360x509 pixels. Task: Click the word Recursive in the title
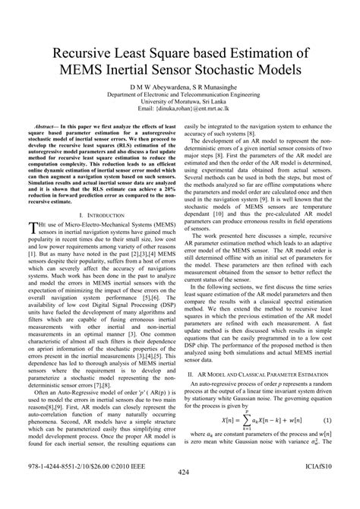pyautogui.click(x=81, y=55)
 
